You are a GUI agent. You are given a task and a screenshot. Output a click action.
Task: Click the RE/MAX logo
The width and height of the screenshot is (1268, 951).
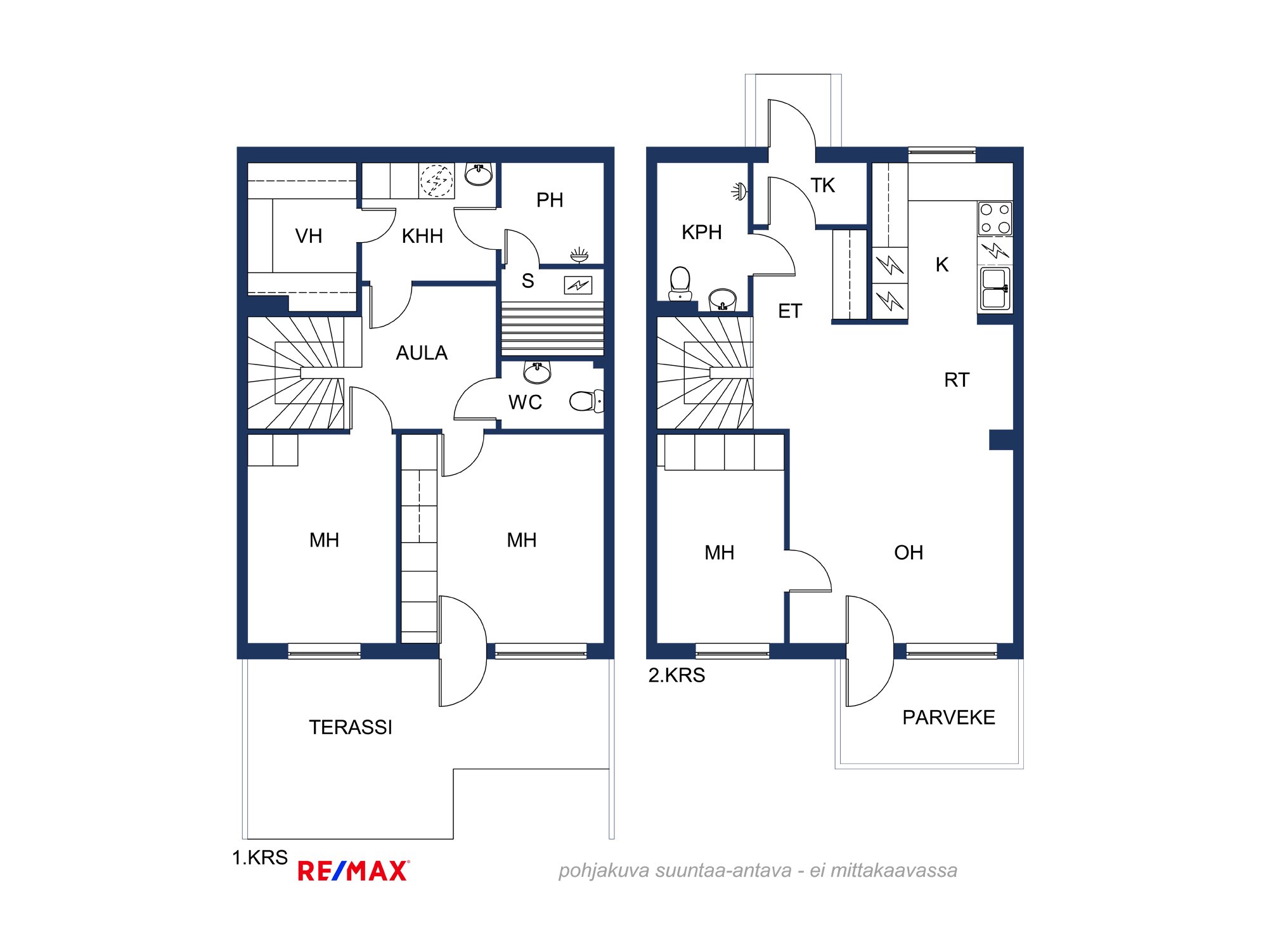click(354, 871)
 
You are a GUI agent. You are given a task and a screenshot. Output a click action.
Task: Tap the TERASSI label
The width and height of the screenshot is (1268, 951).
click(351, 727)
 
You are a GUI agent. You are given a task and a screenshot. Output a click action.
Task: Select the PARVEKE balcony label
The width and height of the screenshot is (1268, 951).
click(948, 718)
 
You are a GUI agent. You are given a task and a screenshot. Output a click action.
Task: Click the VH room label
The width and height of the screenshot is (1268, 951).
click(309, 236)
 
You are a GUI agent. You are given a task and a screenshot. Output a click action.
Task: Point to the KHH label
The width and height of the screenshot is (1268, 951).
click(422, 236)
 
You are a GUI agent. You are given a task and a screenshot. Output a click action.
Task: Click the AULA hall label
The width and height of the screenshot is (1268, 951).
click(422, 353)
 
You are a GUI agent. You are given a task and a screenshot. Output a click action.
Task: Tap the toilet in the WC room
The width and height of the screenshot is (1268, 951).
click(586, 401)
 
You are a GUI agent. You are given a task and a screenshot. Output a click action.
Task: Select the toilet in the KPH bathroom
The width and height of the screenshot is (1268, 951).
click(680, 283)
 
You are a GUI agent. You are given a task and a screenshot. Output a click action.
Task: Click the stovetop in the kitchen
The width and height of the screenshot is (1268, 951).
click(995, 219)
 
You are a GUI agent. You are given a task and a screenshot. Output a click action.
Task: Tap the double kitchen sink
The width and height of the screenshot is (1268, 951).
click(995, 289)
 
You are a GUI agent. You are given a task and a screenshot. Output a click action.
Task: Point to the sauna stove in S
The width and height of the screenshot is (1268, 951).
click(578, 285)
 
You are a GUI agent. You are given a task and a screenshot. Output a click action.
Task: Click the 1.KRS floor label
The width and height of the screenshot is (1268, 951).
click(260, 858)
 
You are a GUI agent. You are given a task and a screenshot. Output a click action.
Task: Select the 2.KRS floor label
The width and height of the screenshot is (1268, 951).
click(676, 675)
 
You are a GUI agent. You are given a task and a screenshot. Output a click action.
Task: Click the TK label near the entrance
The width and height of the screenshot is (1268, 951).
click(823, 186)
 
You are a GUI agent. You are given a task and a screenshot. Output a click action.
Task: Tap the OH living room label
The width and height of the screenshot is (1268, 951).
click(909, 553)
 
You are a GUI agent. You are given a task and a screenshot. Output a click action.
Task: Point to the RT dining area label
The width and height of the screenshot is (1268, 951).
click(957, 380)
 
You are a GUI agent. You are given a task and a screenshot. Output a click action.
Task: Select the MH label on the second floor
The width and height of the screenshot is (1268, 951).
click(720, 553)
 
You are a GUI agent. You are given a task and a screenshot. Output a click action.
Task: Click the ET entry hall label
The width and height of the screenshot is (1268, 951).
click(790, 311)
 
